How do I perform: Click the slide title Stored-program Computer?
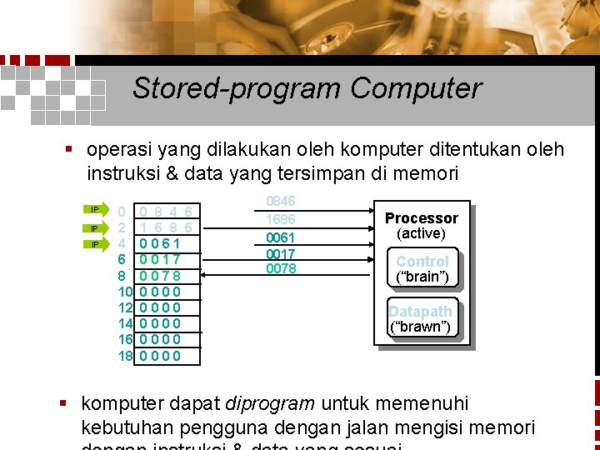pos(306,87)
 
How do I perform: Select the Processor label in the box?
pos(421,217)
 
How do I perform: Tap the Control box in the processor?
pos(422,261)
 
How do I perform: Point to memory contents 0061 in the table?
pos(160,243)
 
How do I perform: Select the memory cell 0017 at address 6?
pos(160,259)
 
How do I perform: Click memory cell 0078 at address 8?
pos(160,276)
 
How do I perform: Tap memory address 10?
pos(125,292)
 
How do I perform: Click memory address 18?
pos(125,356)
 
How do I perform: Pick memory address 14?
pos(125,324)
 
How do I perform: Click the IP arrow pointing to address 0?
pos(97,209)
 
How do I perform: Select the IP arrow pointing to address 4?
pos(97,244)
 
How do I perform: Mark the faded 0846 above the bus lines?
pos(281,202)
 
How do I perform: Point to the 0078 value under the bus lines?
pos(281,268)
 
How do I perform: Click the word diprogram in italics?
pos(270,404)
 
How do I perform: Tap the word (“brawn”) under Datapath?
pos(421,327)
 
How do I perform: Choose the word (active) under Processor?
pos(421,233)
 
